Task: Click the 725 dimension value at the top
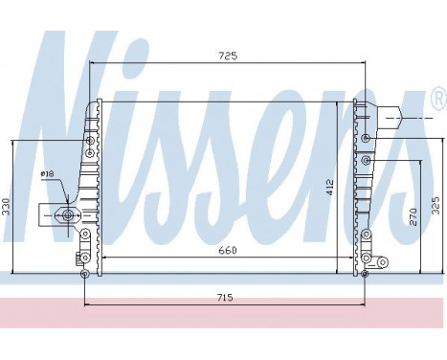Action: point(227,56)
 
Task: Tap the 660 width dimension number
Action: point(227,250)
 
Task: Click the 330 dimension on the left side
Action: point(7,207)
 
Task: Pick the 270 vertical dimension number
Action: point(413,216)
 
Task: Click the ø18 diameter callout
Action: point(47,174)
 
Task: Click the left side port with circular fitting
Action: point(67,214)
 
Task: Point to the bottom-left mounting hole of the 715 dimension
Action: point(85,275)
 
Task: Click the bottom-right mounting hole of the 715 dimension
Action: point(364,275)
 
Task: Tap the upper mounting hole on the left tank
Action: point(90,141)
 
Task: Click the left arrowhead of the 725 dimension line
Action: point(92,64)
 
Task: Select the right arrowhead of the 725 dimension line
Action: point(364,64)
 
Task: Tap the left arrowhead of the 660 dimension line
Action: point(103,258)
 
